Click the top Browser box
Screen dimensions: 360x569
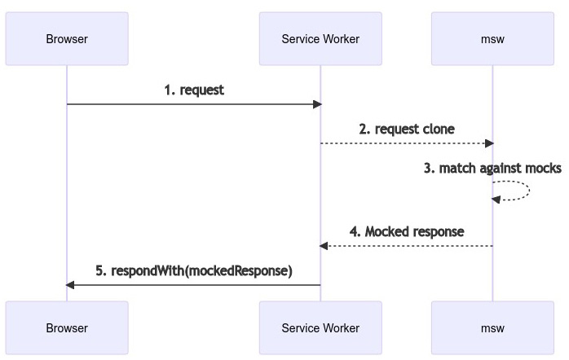tap(67, 38)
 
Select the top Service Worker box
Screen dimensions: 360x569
tap(320, 38)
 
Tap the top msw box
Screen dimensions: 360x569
tap(492, 38)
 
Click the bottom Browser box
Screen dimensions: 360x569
tap(67, 328)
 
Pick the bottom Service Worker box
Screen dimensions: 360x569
tap(320, 328)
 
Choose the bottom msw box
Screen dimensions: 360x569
tap(492, 328)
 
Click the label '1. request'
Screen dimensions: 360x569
tap(194, 90)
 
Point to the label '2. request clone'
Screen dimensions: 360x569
tap(407, 130)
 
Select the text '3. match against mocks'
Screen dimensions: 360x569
tap(492, 169)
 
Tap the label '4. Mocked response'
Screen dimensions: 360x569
tap(407, 231)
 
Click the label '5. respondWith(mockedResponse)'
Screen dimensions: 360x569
tap(194, 270)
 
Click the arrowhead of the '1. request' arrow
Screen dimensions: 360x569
tap(317, 104)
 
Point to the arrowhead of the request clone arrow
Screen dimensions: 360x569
tap(489, 143)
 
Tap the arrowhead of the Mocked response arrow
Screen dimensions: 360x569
tap(324, 245)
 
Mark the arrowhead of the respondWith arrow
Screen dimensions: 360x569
tap(70, 284)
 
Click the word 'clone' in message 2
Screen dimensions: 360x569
tap(439, 130)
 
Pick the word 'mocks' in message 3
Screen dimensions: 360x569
tap(544, 169)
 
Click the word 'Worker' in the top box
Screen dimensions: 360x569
tap(340, 38)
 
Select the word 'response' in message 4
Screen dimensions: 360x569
tap(438, 231)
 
